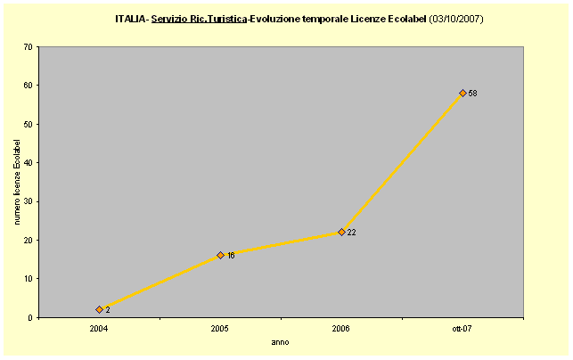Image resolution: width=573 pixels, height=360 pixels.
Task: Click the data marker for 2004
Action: coord(100,309)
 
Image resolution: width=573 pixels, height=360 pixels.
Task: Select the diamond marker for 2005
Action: coord(220,255)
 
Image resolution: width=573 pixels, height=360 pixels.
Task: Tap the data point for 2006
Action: coord(341,232)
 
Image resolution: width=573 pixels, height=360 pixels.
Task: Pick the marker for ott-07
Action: coord(462,93)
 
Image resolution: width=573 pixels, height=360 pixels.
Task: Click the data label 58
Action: coord(472,94)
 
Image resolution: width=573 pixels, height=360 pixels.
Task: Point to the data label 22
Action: coord(351,233)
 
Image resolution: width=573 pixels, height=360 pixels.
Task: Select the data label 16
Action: coord(230,256)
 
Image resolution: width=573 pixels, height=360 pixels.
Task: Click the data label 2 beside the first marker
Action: coord(108,310)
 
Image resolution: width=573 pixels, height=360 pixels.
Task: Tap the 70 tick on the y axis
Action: coord(29,46)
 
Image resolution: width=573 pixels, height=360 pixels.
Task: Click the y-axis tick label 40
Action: coord(29,162)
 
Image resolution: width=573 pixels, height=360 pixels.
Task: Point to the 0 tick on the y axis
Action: coord(31,317)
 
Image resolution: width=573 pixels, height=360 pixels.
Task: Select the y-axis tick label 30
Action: coord(29,201)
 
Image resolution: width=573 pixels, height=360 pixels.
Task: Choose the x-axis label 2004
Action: coord(99,328)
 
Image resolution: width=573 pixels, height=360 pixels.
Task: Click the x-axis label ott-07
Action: coord(462,328)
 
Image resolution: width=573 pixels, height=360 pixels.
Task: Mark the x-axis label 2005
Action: coord(220,328)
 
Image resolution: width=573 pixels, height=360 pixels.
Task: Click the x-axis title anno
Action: coord(280,341)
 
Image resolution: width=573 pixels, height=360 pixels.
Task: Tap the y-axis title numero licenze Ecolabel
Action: coord(17,182)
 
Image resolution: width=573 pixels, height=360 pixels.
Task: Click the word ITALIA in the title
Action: coord(131,18)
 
